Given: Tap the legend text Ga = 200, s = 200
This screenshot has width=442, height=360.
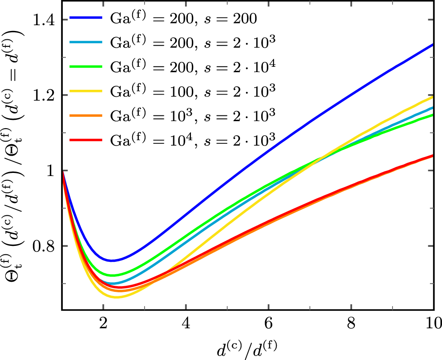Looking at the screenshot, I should (183, 19).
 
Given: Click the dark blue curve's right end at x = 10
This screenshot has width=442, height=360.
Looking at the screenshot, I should (432, 44).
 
